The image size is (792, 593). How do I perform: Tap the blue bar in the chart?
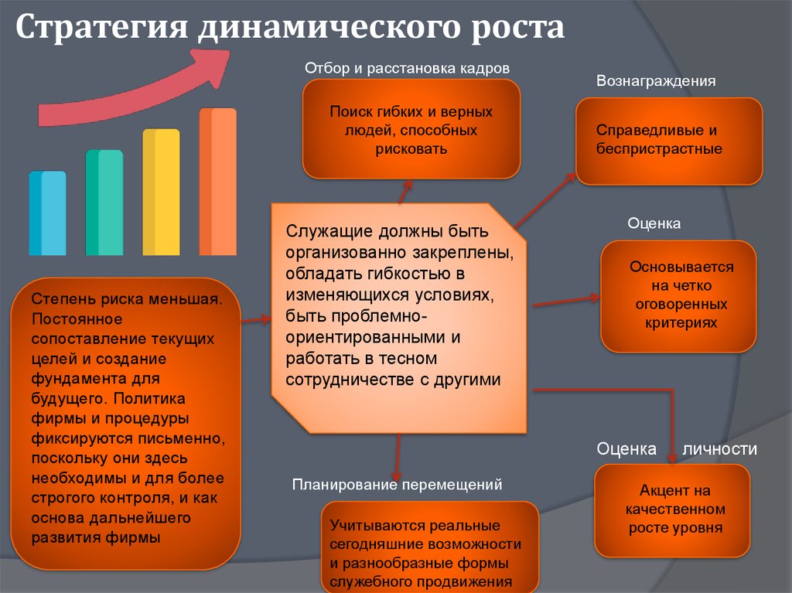click(47, 214)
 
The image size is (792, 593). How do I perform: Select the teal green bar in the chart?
click(104, 203)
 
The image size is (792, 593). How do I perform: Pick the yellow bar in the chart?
click(161, 193)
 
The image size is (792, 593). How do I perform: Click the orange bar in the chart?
click(217, 182)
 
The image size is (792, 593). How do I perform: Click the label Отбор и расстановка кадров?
click(407, 69)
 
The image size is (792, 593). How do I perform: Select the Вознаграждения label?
click(655, 81)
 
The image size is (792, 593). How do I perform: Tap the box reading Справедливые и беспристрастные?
click(669, 141)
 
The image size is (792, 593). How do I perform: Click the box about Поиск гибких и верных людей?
click(411, 129)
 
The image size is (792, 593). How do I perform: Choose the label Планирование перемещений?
click(397, 485)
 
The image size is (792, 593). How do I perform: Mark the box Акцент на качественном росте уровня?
click(671, 510)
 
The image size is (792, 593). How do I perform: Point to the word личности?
click(719, 448)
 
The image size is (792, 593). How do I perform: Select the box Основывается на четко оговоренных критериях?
click(678, 295)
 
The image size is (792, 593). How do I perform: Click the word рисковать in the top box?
click(411, 149)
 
